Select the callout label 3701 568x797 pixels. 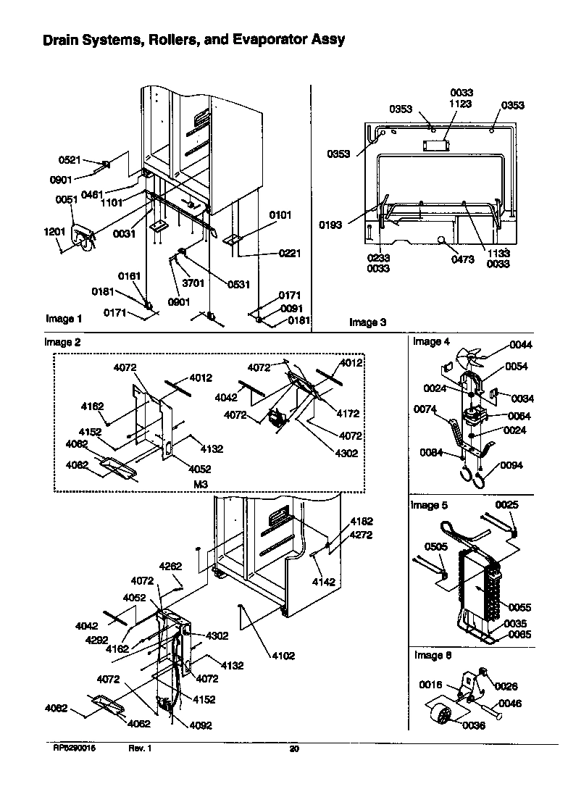click(193, 284)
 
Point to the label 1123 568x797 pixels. click(461, 104)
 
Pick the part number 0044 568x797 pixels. click(520, 345)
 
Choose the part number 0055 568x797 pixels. click(519, 607)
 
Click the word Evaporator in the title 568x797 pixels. click(275, 40)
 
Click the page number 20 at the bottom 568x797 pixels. click(293, 748)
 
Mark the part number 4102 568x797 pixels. click(283, 656)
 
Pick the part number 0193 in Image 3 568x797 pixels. click(330, 225)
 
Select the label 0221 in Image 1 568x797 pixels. click(289, 253)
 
